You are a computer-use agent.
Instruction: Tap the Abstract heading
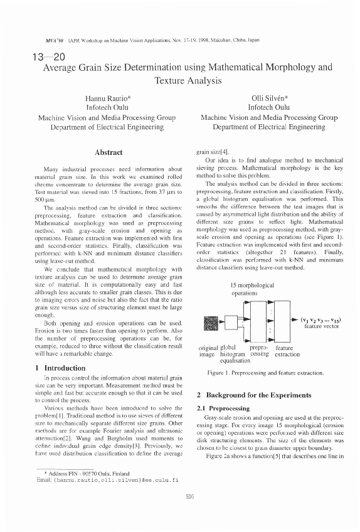coord(107,152)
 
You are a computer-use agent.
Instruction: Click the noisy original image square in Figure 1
coord(212,323)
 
